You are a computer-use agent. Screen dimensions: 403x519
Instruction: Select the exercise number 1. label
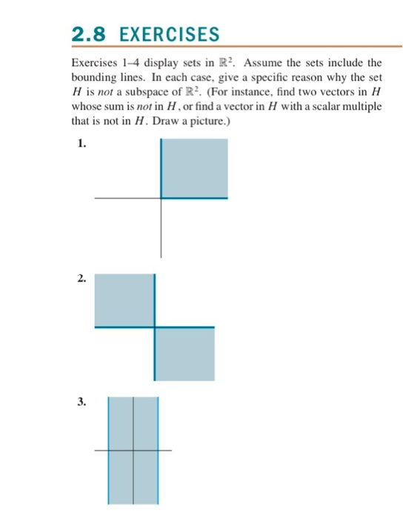(x=79, y=145)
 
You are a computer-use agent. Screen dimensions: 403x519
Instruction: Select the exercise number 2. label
(x=79, y=280)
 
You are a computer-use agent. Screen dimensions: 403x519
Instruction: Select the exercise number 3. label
(x=79, y=403)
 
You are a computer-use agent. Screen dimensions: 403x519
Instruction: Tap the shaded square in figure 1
(x=195, y=168)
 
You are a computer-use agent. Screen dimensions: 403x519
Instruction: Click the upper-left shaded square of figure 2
(x=124, y=300)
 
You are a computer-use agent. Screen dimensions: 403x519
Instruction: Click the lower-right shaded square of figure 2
(x=185, y=354)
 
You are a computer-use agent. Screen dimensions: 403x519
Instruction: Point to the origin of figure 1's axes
(x=161, y=198)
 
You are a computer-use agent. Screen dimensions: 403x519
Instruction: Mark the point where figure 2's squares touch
(x=155, y=326)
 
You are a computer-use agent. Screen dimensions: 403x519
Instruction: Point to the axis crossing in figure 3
(x=133, y=450)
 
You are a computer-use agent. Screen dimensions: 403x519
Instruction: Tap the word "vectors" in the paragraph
(x=332, y=91)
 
